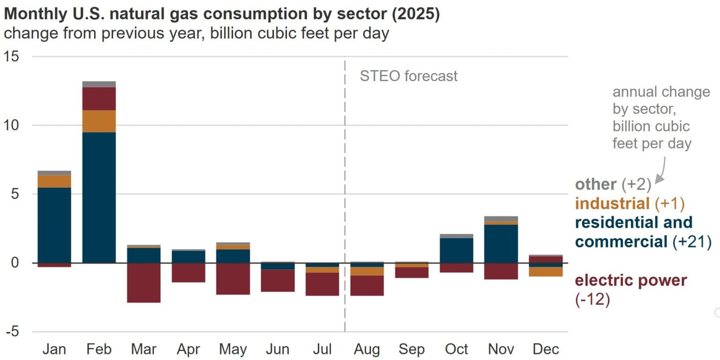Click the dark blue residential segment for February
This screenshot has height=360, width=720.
[99, 197]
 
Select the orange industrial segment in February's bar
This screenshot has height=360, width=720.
[99, 121]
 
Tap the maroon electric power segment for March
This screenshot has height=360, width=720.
[144, 283]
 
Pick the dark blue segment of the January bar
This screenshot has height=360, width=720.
[54, 225]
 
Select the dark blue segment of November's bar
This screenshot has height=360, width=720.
[501, 244]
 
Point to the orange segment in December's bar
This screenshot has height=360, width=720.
[546, 271]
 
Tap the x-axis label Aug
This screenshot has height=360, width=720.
[367, 349]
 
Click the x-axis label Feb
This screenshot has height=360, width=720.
[99, 349]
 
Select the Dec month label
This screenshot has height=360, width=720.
[546, 349]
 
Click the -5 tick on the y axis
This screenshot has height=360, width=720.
[13, 332]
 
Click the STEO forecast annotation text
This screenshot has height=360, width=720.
[408, 76]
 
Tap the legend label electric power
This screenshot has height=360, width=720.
[630, 280]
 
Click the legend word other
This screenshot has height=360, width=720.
[595, 184]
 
